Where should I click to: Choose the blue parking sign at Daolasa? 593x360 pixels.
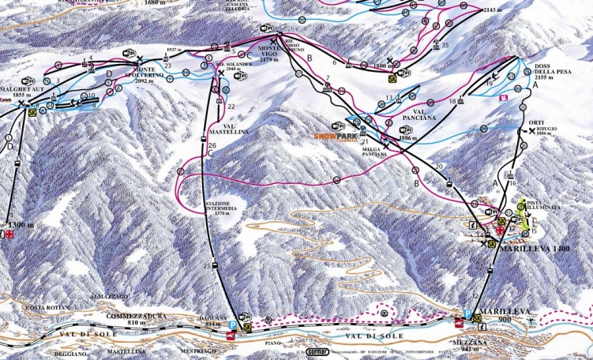(x=232, y=324)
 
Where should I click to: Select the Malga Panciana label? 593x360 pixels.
(x=375, y=152)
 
